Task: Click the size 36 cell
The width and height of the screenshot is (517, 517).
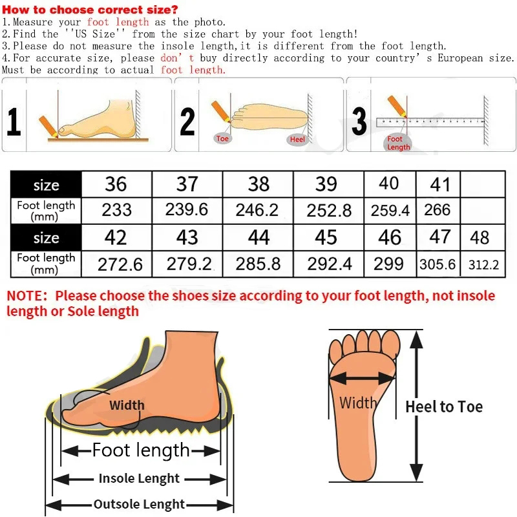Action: (x=116, y=184)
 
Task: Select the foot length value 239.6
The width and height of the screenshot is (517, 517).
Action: (x=187, y=209)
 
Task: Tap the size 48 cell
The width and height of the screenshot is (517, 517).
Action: (x=482, y=237)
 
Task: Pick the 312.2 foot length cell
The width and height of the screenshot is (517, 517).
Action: (x=483, y=264)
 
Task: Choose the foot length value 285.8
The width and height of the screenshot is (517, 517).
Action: (x=258, y=264)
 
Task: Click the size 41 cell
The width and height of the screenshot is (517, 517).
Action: (x=438, y=184)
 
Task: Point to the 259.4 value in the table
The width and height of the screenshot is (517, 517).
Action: (x=390, y=211)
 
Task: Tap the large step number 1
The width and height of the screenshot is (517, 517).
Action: (x=14, y=121)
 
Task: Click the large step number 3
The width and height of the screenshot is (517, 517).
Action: (x=359, y=121)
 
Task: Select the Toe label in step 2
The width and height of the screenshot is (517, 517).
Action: (x=222, y=138)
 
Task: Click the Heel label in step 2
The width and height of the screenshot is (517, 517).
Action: (x=297, y=139)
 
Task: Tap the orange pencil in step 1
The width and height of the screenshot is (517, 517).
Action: (x=48, y=126)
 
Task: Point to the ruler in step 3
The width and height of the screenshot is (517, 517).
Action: (x=430, y=122)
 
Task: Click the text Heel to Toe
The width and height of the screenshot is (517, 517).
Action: (x=444, y=406)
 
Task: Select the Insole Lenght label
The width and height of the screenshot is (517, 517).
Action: (x=139, y=478)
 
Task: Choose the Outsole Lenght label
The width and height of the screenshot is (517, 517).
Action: (x=139, y=504)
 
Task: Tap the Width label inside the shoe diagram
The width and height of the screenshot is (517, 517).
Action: (x=127, y=405)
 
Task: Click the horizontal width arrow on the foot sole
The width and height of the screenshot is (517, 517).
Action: (x=363, y=379)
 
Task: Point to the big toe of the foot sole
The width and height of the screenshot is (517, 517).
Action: (x=391, y=344)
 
